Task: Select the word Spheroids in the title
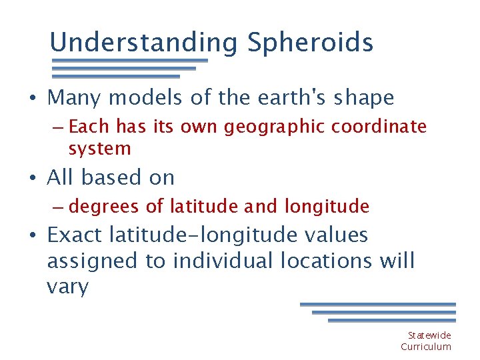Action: pyautogui.click(x=310, y=43)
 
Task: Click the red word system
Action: pyautogui.click(x=99, y=149)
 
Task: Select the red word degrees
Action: pyautogui.click(x=105, y=207)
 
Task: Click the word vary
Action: pyautogui.click(x=67, y=287)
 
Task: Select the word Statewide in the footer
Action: pyautogui.click(x=429, y=335)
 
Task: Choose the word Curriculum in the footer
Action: pyautogui.click(x=426, y=347)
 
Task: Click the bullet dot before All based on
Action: pyautogui.click(x=33, y=179)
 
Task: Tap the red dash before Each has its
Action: pyautogui.click(x=57, y=127)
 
